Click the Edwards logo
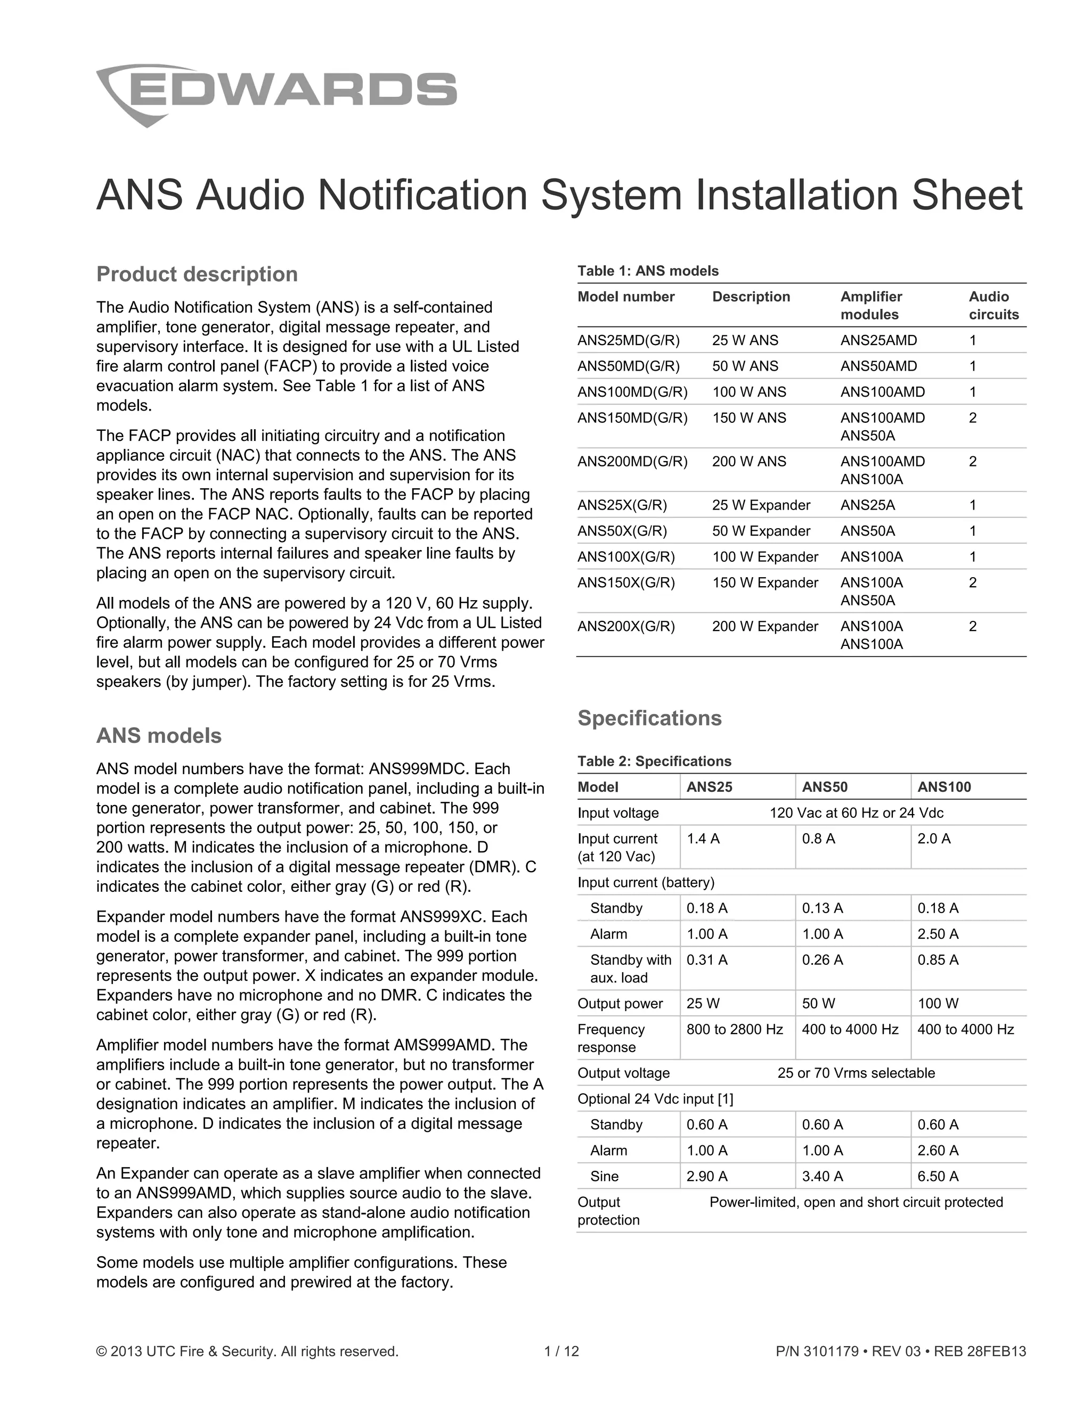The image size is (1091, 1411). [276, 94]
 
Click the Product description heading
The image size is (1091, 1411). [197, 274]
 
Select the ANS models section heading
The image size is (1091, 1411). [158, 735]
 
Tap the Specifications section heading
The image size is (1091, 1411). [649, 718]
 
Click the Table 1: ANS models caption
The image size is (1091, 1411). [648, 270]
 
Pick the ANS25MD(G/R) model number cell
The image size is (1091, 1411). [628, 340]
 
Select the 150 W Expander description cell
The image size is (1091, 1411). [764, 582]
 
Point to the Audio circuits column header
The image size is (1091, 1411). [993, 306]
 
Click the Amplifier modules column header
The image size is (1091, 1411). [870, 306]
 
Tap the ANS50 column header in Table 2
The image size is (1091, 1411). [824, 787]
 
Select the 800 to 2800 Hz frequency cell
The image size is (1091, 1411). [734, 1029]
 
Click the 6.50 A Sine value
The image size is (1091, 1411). [938, 1177]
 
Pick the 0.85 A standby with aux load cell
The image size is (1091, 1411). [938, 960]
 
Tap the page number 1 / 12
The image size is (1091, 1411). [561, 1351]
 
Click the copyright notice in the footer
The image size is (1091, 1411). [247, 1351]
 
